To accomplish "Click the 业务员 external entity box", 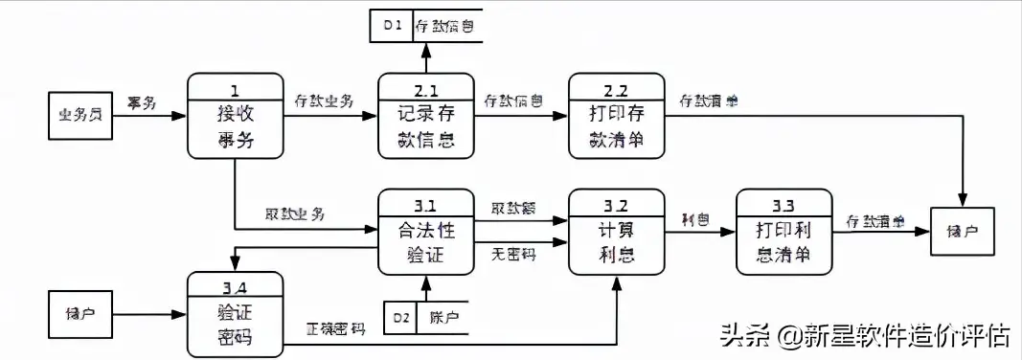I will point(81,116).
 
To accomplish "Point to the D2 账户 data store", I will point(426,316).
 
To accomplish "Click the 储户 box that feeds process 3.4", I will point(81,313).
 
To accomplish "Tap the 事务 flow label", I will point(141,101).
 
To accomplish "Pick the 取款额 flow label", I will point(513,209).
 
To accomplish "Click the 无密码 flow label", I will point(513,254).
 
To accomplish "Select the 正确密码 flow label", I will point(335,328).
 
